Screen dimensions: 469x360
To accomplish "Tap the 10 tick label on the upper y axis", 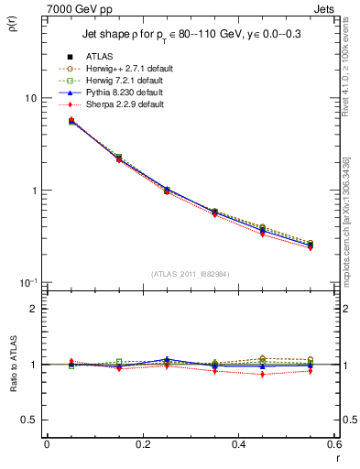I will click(x=30, y=98).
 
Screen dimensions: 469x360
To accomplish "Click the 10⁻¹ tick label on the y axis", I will click(x=27, y=282).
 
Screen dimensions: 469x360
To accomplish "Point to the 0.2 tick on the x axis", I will click(x=142, y=444).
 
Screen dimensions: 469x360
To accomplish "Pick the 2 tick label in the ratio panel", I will click(x=35, y=309).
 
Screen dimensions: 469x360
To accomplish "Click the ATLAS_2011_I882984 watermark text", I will click(x=190, y=272).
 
